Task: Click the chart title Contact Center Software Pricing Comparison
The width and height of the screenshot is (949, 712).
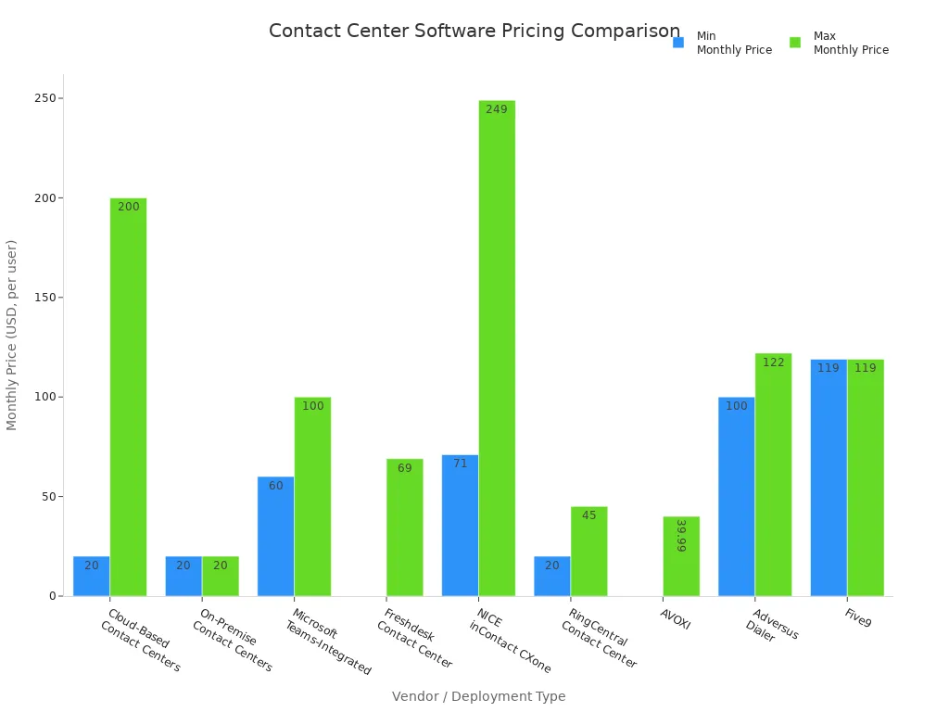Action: (x=474, y=32)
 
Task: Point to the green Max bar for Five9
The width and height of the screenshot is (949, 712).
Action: (x=866, y=477)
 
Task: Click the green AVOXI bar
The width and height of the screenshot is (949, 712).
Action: (x=681, y=556)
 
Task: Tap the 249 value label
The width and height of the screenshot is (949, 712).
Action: (x=497, y=109)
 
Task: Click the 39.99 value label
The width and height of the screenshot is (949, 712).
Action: (x=681, y=536)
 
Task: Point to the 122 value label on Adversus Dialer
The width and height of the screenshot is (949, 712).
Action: (x=773, y=362)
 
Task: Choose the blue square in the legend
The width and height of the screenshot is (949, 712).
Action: (x=678, y=43)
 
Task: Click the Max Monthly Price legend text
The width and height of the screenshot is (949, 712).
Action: (x=850, y=44)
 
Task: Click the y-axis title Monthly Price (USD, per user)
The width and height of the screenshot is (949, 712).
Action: (x=12, y=335)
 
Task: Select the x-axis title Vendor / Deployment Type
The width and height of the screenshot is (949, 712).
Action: (x=478, y=696)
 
